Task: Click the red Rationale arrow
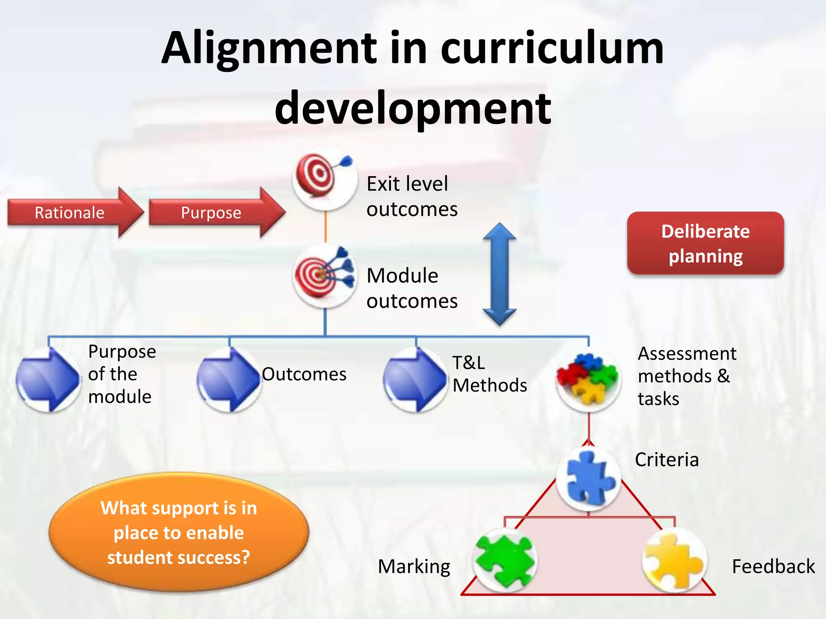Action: click(73, 212)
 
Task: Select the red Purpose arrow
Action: click(214, 212)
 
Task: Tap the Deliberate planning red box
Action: click(705, 243)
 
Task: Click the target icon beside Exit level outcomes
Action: click(324, 179)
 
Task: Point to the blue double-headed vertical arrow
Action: click(499, 274)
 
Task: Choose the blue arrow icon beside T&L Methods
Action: click(415, 379)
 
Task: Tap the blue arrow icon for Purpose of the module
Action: click(48, 379)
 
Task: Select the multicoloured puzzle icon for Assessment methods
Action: click(588, 379)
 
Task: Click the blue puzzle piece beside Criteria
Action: click(588, 478)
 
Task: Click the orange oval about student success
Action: click(179, 532)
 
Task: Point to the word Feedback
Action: click(773, 567)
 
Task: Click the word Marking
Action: click(414, 567)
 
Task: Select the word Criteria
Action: click(667, 460)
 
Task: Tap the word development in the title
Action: click(413, 108)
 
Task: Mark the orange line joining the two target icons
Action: click(325, 227)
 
